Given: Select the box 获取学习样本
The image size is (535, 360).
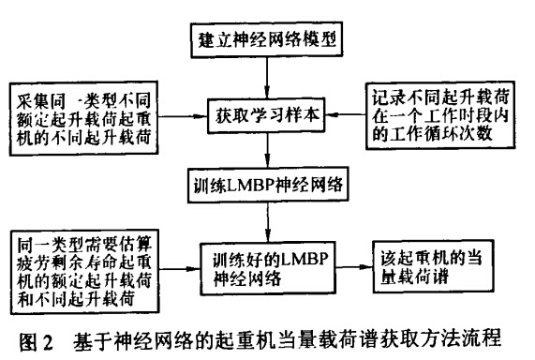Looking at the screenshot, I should click(x=268, y=118).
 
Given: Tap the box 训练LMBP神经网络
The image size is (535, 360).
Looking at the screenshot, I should click(x=268, y=185).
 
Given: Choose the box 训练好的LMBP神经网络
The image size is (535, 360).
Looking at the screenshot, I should click(x=268, y=265).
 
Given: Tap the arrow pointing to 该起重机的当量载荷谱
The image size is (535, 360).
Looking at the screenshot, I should click(x=351, y=266).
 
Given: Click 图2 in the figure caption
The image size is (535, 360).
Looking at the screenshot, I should click(x=31, y=339).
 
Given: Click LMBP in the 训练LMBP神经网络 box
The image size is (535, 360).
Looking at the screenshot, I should click(x=252, y=185).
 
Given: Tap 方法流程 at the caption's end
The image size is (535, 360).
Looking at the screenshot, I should click(x=483, y=339).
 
